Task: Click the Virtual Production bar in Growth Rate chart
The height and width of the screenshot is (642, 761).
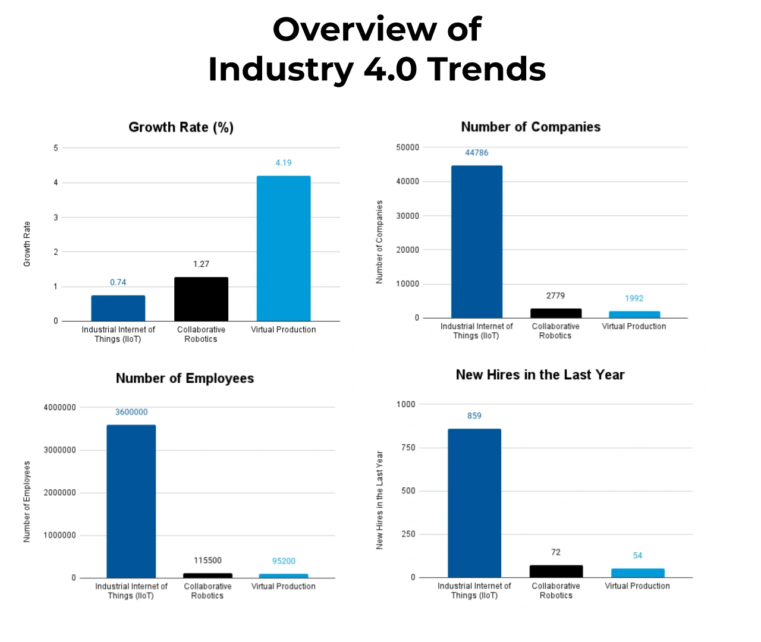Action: (284, 248)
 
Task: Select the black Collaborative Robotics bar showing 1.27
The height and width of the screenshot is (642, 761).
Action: (201, 299)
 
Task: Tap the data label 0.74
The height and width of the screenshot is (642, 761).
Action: (118, 282)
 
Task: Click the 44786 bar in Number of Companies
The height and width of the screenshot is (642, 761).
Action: (477, 242)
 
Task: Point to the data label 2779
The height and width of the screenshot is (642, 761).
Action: (555, 295)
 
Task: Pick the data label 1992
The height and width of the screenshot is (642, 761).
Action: (634, 298)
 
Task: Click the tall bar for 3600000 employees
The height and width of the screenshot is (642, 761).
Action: (131, 501)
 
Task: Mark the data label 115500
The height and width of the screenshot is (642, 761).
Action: (207, 561)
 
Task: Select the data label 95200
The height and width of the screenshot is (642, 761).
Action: (284, 561)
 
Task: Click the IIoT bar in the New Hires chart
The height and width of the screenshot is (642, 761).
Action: (474, 503)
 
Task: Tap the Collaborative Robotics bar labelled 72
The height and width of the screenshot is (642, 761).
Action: (556, 571)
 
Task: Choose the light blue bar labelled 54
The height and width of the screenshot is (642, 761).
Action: (637, 573)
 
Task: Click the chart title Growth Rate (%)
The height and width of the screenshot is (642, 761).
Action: (181, 127)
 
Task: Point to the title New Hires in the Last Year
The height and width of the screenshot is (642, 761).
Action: (540, 375)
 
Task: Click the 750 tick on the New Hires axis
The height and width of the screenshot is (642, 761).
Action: (408, 448)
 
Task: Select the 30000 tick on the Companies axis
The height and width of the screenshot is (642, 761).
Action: (407, 216)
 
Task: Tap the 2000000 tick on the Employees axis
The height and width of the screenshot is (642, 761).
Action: (59, 493)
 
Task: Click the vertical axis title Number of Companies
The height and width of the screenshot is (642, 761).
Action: (379, 242)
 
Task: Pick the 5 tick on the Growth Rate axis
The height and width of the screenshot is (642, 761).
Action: (56, 148)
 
